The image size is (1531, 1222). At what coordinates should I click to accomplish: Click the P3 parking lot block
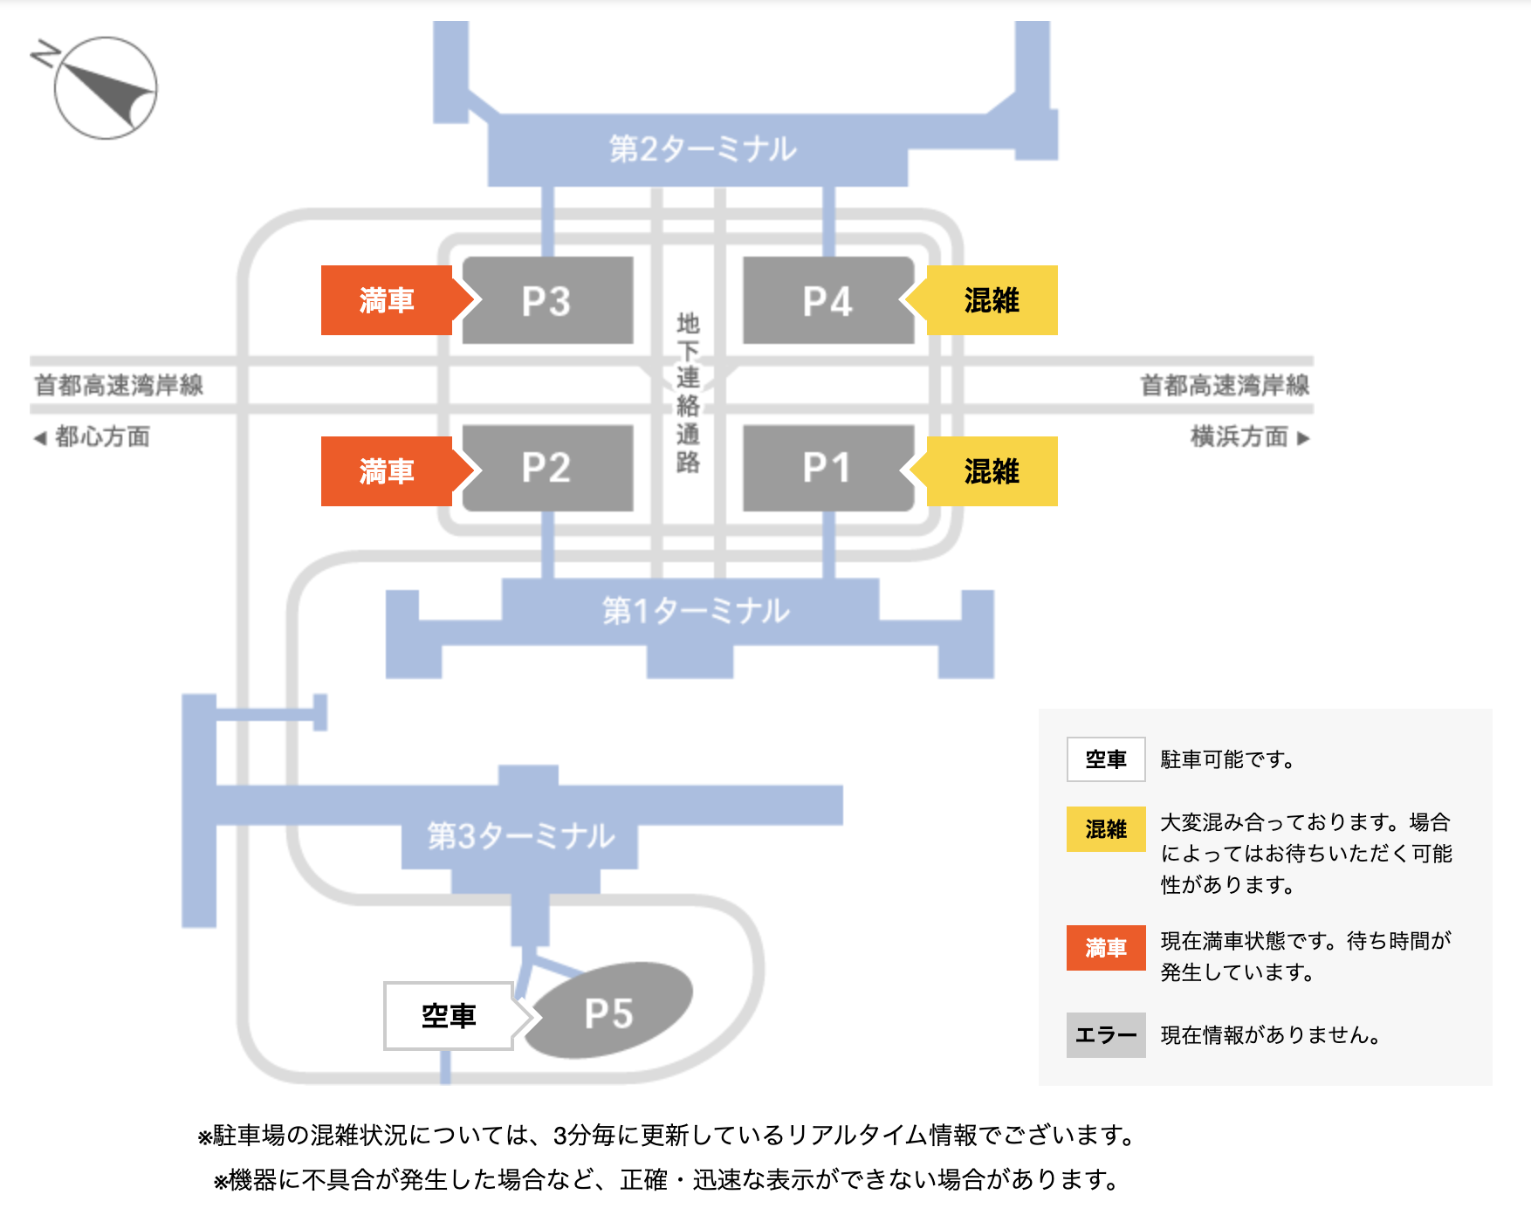(x=547, y=300)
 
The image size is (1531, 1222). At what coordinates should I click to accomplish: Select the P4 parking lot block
(x=827, y=300)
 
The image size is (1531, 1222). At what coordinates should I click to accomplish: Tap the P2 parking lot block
(x=547, y=468)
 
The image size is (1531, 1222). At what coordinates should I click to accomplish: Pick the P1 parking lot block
(x=827, y=468)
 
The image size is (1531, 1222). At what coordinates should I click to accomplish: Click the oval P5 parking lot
(x=609, y=1013)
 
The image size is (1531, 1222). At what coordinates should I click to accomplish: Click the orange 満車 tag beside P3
(x=387, y=300)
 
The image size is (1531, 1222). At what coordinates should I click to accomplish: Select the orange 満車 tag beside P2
(x=387, y=471)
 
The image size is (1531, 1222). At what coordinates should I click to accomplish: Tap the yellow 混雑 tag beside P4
(x=992, y=300)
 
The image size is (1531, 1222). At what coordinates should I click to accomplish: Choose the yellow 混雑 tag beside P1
(x=992, y=471)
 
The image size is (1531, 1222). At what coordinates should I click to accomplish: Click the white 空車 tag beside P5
(x=449, y=1016)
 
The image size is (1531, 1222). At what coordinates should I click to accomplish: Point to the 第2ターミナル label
(x=703, y=149)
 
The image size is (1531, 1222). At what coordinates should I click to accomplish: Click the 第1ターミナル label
(x=696, y=611)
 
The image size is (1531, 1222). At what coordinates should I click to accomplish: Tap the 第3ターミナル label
(x=521, y=836)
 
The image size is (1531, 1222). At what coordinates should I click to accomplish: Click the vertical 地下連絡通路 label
(x=688, y=393)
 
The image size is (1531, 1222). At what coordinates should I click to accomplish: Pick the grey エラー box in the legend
(x=1106, y=1035)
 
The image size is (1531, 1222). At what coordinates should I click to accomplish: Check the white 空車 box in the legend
(x=1106, y=759)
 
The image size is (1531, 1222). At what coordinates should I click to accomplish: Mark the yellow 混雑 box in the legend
(x=1106, y=829)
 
